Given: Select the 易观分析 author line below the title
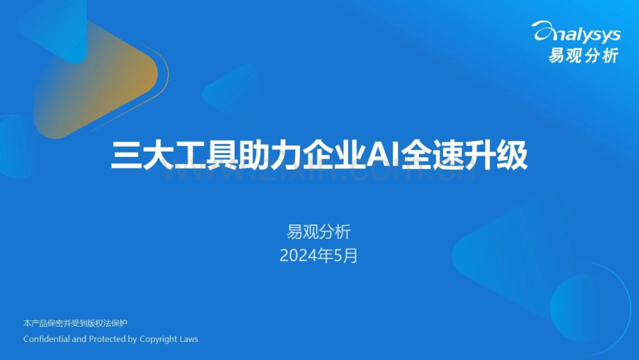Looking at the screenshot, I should (319, 232).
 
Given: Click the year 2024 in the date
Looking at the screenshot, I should (296, 256).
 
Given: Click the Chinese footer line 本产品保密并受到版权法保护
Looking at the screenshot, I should (75, 323).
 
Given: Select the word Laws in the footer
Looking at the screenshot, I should (189, 339).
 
